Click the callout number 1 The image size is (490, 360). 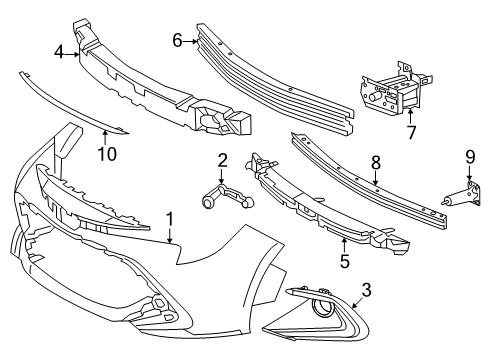[170, 218]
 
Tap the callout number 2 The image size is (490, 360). [222, 159]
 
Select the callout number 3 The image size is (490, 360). [366, 290]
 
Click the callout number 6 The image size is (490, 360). [178, 41]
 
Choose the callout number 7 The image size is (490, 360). [411, 130]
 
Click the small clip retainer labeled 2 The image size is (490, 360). [222, 195]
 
